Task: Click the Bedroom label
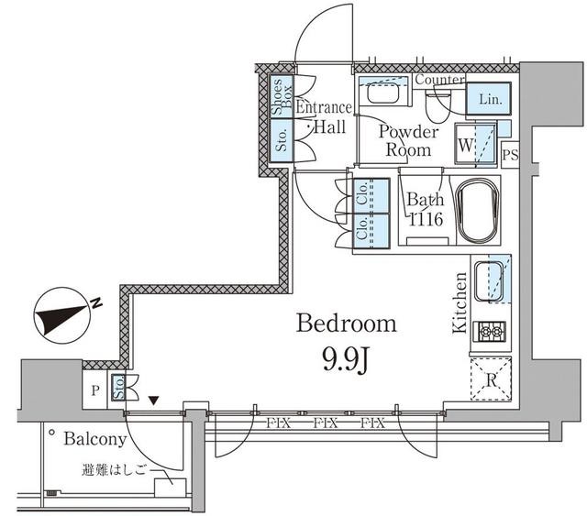[347, 324]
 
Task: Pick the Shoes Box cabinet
[282, 96]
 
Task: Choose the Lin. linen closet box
[489, 98]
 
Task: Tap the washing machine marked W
[476, 145]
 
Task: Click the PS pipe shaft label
[510, 155]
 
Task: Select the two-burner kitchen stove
[490, 332]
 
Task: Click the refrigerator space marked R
[491, 379]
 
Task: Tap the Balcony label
[95, 439]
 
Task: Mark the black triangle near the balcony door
[153, 401]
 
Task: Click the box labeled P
[95, 390]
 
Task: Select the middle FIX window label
[326, 423]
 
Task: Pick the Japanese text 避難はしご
[113, 470]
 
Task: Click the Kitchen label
[460, 302]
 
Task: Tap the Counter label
[439, 80]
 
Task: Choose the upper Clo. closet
[371, 196]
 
